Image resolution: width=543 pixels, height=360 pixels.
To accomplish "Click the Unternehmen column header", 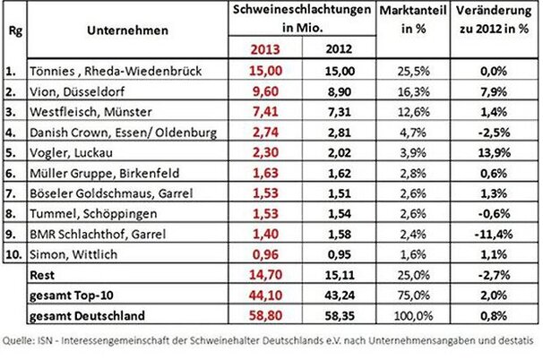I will [129, 30].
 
